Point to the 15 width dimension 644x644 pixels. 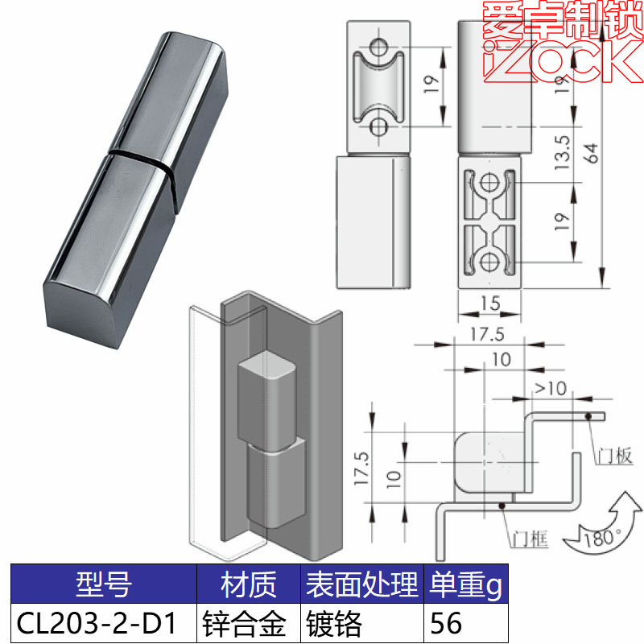click(x=490, y=303)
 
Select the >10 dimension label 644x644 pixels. click(x=550, y=389)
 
